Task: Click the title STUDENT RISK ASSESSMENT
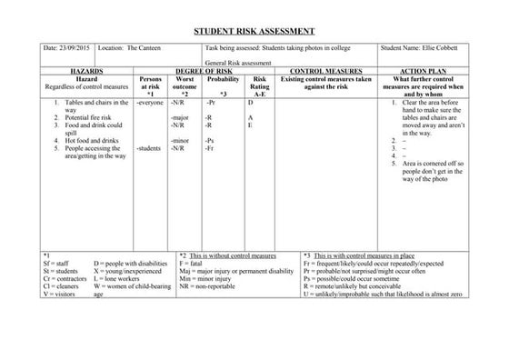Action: pyautogui.click(x=254, y=29)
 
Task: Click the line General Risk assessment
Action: pyautogui.click(x=239, y=64)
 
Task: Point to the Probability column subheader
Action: pyautogui.click(x=223, y=79)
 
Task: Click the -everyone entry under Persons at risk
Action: pyautogui.click(x=150, y=104)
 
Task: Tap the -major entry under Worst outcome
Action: pyautogui.click(x=179, y=118)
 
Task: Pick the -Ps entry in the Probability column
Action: pyautogui.click(x=210, y=141)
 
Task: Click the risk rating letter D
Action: pyautogui.click(x=250, y=104)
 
